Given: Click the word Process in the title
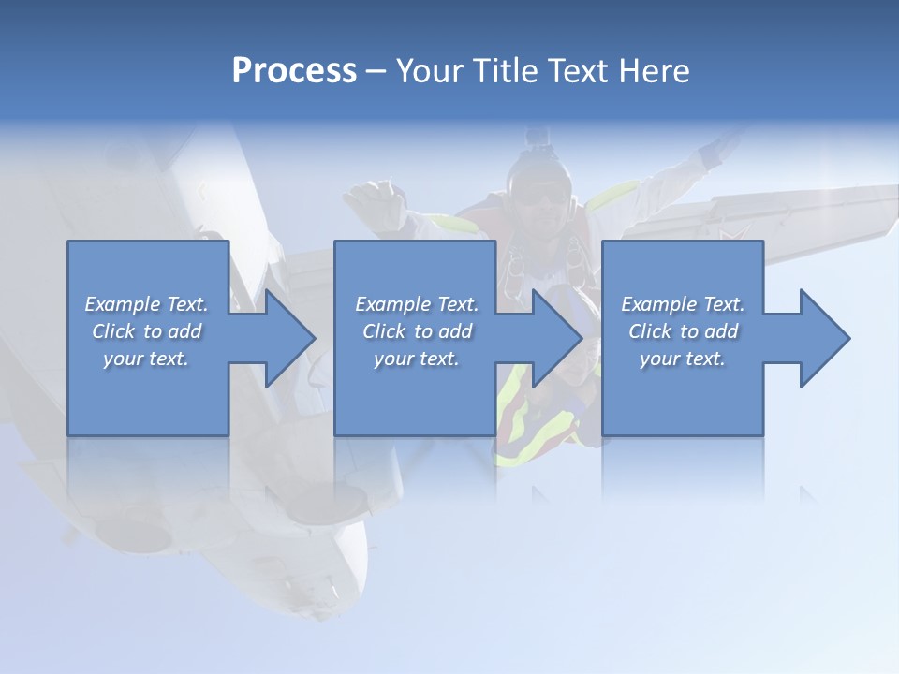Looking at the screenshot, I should (294, 71).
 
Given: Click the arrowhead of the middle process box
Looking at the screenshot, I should (555, 338).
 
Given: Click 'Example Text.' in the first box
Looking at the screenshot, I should (146, 304).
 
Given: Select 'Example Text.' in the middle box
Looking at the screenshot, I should (417, 304).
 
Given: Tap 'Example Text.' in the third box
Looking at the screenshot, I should (683, 304).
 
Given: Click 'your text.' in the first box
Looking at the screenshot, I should (146, 359).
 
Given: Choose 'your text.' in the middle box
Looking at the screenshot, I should (417, 359).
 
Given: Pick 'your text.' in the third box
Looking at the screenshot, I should (683, 359).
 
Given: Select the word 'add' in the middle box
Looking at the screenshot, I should (455, 331).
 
